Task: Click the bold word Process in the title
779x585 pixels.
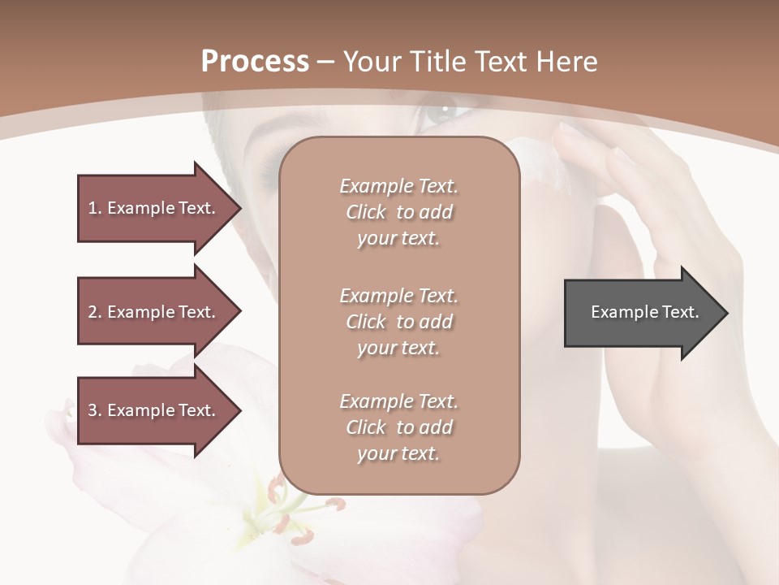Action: (x=255, y=61)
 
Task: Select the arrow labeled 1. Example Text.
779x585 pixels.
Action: (x=154, y=208)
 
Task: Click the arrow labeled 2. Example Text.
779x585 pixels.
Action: (x=154, y=312)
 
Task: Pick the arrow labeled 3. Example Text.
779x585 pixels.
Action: (x=154, y=410)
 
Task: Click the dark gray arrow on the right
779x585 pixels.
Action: (x=641, y=313)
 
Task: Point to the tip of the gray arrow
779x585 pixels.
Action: (x=726, y=313)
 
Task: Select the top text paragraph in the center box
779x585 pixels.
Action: (x=398, y=212)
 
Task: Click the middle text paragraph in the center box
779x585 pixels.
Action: (x=398, y=322)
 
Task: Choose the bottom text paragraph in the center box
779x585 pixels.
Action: (x=398, y=427)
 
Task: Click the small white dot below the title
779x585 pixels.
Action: (x=445, y=107)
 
